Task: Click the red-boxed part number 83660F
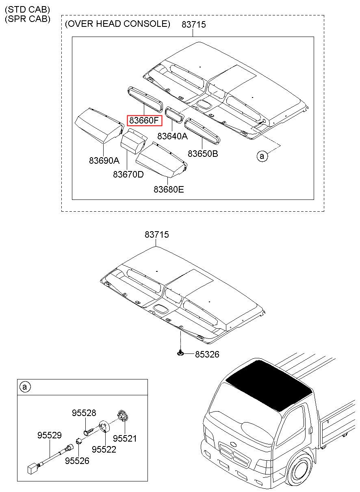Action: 144,120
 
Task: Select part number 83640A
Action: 173,136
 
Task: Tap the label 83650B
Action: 203,154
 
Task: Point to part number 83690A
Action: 104,160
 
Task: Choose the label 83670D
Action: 128,174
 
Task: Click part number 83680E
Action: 169,189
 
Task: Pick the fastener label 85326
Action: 207,354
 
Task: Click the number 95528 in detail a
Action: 84,413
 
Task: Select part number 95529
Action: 50,435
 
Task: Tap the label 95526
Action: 77,461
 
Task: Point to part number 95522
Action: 104,449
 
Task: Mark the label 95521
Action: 125,438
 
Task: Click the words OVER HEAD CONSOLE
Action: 118,24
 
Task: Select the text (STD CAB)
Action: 28,9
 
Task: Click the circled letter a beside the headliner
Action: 262,156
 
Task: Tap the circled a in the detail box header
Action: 25,387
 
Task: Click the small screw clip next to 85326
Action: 180,353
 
